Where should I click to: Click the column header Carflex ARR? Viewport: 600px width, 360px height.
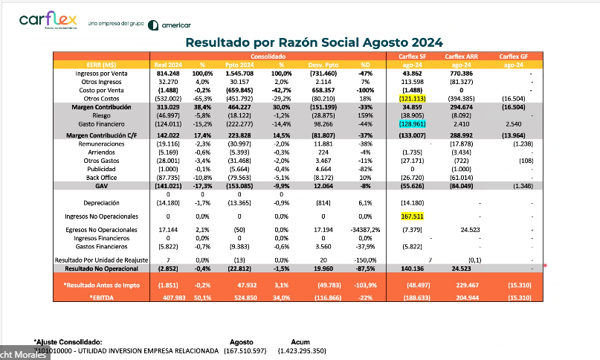point(461,57)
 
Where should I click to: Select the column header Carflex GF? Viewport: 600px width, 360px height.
point(514,57)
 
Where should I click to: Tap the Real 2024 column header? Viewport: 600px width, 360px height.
point(167,65)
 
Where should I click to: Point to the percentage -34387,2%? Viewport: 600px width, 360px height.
point(365,231)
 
